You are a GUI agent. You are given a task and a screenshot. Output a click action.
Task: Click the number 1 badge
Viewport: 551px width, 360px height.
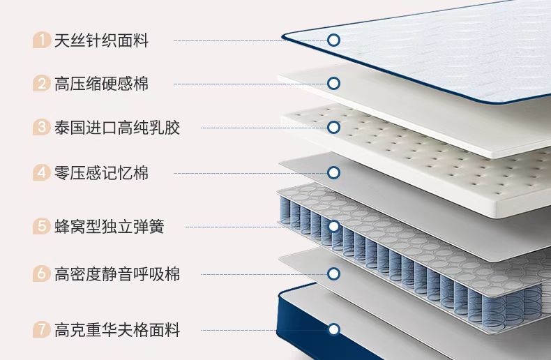[x=42, y=40]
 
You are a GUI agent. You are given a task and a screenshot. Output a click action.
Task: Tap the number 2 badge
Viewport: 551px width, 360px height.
[x=42, y=84]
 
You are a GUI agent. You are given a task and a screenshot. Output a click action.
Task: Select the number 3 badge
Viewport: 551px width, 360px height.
[x=42, y=128]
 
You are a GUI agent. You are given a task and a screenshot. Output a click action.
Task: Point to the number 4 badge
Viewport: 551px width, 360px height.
[x=42, y=172]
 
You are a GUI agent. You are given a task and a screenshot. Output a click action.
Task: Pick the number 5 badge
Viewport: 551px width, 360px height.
[x=42, y=227]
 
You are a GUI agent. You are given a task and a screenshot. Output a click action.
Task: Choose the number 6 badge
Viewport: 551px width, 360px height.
[x=42, y=274]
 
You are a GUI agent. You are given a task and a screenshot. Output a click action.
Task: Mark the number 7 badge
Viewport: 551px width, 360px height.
[x=42, y=329]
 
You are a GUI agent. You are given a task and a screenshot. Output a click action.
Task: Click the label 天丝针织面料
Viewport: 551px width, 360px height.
[x=101, y=40]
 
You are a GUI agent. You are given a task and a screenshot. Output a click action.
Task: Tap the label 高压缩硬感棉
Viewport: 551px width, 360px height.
[x=101, y=84]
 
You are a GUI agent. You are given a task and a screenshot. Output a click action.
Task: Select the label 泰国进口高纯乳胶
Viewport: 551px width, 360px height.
[x=117, y=128]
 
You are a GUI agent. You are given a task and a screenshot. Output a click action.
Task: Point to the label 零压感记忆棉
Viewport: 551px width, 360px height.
[x=101, y=172]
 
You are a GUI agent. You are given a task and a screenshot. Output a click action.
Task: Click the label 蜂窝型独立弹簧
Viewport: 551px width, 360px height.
[x=110, y=227]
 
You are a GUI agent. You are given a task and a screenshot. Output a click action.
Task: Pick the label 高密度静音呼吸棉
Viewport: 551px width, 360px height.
[x=117, y=274]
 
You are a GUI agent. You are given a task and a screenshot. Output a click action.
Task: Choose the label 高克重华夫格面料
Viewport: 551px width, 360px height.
[x=117, y=329]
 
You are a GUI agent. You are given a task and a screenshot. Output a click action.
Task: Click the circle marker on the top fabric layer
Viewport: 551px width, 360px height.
[x=333, y=40]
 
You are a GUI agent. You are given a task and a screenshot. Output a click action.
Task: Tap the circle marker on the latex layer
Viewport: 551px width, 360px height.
[x=333, y=128]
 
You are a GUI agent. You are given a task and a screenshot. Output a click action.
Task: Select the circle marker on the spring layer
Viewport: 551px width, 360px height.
[x=333, y=227]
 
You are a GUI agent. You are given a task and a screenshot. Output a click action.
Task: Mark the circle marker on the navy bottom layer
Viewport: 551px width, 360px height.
[x=333, y=329]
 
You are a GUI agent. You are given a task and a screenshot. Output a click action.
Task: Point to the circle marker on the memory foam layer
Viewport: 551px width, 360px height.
[x=333, y=172]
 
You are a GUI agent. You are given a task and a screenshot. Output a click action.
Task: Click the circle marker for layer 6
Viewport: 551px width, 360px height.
[x=333, y=274]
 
